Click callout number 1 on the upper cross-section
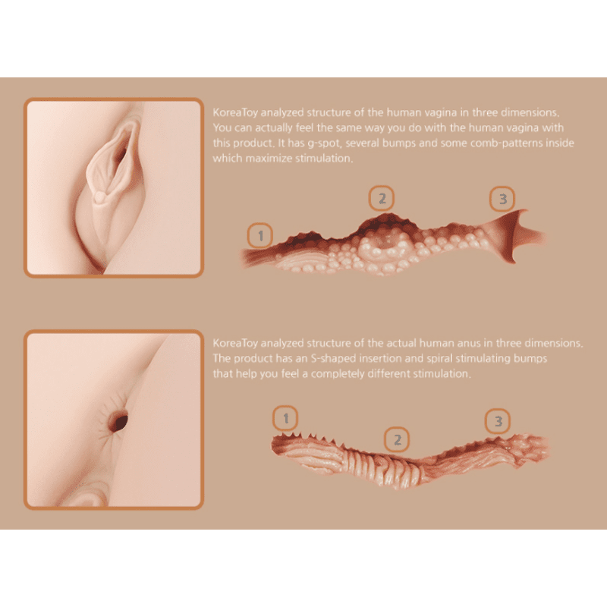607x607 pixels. coord(260,235)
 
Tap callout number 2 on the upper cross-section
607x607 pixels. coord(382,198)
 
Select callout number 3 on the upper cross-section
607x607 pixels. coord(502,199)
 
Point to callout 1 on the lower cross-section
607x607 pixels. coord(286,418)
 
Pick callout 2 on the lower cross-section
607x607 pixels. coord(397,440)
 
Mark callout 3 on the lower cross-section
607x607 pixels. coord(498,421)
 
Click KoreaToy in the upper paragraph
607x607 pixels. coord(235,112)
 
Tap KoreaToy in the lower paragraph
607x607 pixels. coord(235,344)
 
